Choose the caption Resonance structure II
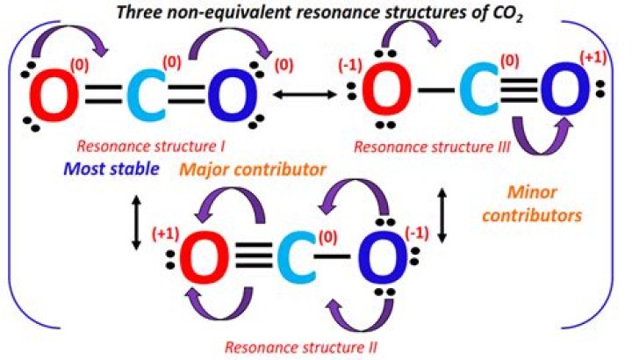click(x=301, y=346)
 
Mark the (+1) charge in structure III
click(x=592, y=59)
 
